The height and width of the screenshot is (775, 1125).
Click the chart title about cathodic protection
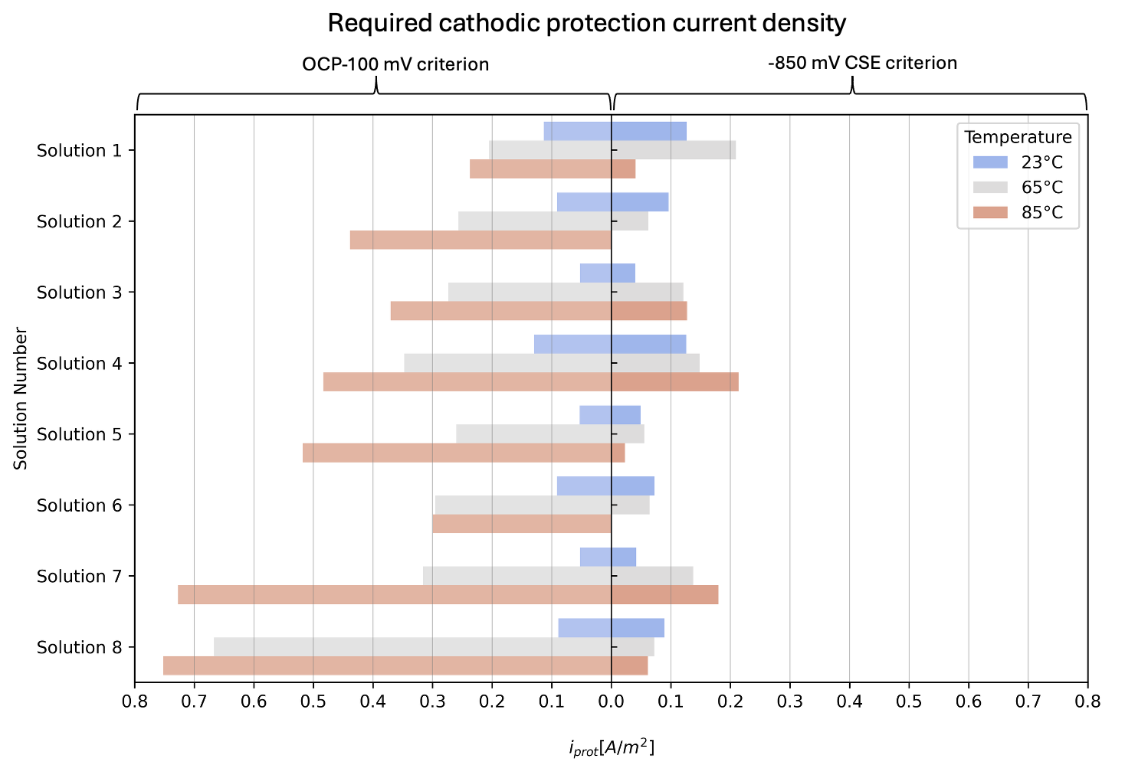click(x=586, y=24)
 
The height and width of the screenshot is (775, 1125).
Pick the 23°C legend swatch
click(x=990, y=162)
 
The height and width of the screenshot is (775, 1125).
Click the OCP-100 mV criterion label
click(x=395, y=64)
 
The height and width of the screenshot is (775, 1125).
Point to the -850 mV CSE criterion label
click(x=862, y=63)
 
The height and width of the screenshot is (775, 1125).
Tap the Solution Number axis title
click(x=21, y=398)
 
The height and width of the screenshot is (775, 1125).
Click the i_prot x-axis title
click(x=612, y=747)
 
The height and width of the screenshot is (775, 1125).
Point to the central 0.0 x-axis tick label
click(x=611, y=701)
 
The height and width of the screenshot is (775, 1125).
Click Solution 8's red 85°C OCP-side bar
click(x=387, y=665)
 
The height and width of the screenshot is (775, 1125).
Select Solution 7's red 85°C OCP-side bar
click(x=395, y=595)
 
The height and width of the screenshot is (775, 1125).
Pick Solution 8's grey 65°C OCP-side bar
click(x=412, y=647)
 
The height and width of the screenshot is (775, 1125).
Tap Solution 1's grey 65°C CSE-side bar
click(x=674, y=150)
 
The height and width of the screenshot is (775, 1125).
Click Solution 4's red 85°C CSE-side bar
click(x=675, y=381)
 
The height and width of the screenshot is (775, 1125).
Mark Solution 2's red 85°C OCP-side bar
click(x=481, y=240)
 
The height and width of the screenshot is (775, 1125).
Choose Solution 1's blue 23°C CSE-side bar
click(x=649, y=131)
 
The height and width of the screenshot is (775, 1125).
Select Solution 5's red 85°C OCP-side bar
click(x=457, y=453)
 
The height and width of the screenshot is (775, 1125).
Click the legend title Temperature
click(x=1018, y=137)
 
